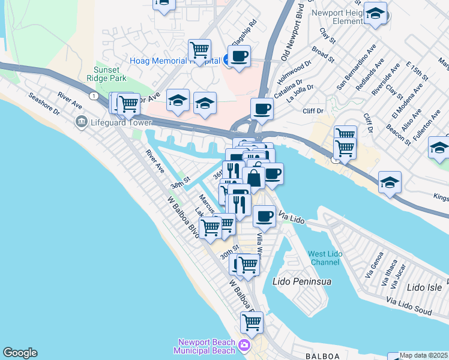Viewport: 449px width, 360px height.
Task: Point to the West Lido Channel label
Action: [x=325, y=258]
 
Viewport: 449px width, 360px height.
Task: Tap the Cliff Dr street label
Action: [x=313, y=110]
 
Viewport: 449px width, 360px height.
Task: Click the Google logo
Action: [x=20, y=353]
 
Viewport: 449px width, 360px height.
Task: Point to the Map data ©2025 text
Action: [x=423, y=355]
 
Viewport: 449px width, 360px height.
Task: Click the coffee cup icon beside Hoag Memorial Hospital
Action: [x=239, y=57]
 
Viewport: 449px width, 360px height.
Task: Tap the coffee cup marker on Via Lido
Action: [x=264, y=216]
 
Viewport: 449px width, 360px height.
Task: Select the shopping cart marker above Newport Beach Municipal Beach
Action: [x=252, y=322]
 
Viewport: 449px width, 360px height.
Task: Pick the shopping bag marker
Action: [x=253, y=178]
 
